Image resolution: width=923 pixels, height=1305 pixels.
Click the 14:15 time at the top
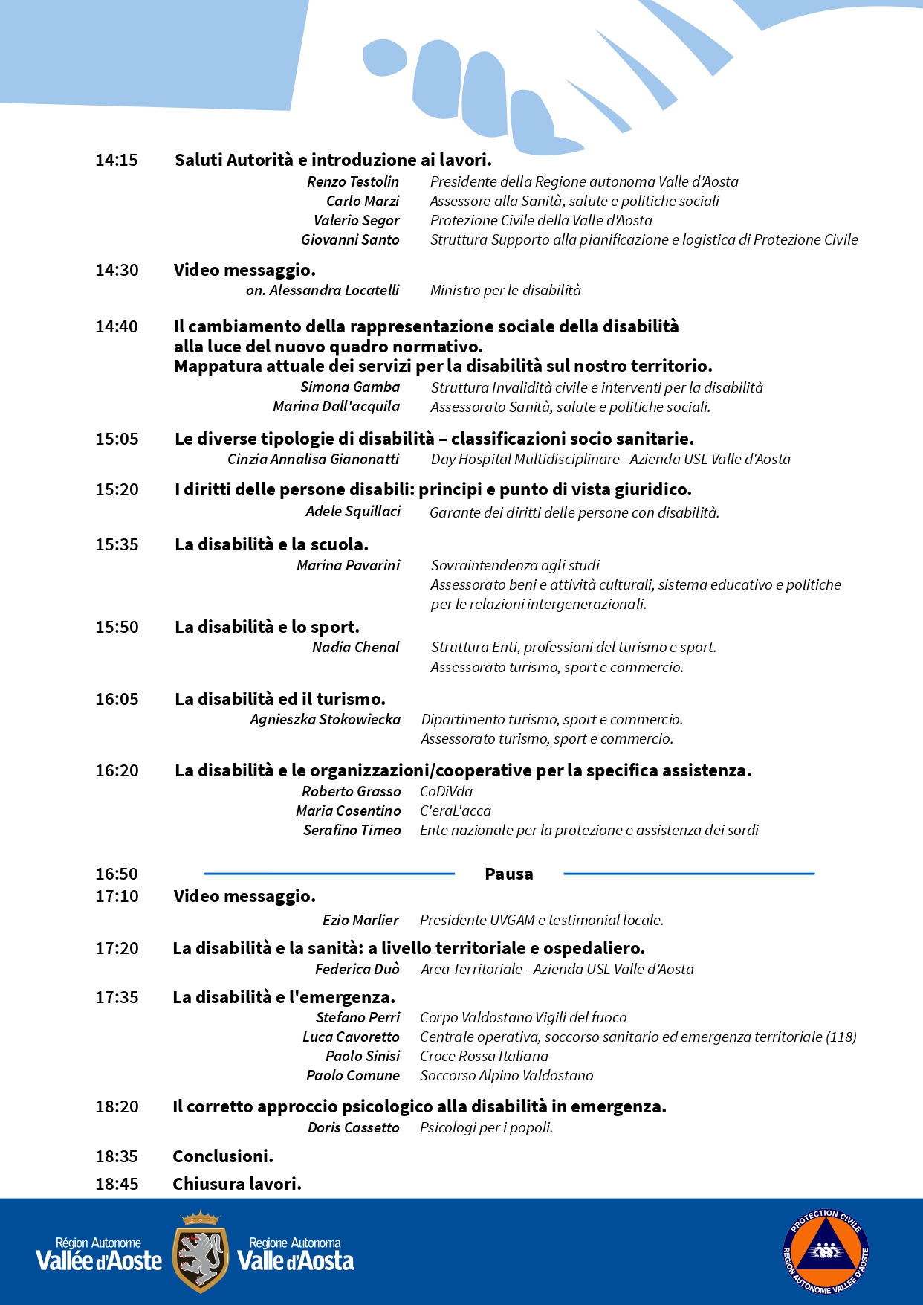[117, 160]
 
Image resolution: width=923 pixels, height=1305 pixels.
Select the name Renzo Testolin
[353, 181]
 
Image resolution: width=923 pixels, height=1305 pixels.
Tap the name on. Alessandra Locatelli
[323, 290]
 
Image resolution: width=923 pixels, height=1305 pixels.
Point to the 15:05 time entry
[117, 439]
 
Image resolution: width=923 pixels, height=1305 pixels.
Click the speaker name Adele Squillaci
[353, 511]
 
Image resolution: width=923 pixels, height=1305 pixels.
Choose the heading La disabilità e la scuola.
[271, 544]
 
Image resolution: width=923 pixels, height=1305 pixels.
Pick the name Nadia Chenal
[355, 647]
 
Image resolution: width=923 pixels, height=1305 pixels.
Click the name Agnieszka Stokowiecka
[325, 719]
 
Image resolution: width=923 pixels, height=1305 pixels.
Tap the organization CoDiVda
[446, 791]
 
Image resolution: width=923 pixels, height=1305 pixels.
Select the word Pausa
[508, 874]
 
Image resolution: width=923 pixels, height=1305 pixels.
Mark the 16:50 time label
[117, 874]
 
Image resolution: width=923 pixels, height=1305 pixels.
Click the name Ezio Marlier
[360, 920]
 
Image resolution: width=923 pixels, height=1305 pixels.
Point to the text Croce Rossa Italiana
[484, 1056]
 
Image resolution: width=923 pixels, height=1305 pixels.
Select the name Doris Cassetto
[354, 1127]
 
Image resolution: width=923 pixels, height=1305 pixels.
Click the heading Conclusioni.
[223, 1156]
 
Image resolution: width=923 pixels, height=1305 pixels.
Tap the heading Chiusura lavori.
[237, 1184]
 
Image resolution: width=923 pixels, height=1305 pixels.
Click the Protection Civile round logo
[826, 1251]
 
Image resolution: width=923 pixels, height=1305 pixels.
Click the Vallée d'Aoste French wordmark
[99, 1254]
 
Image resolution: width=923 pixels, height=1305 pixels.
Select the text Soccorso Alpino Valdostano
[506, 1075]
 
